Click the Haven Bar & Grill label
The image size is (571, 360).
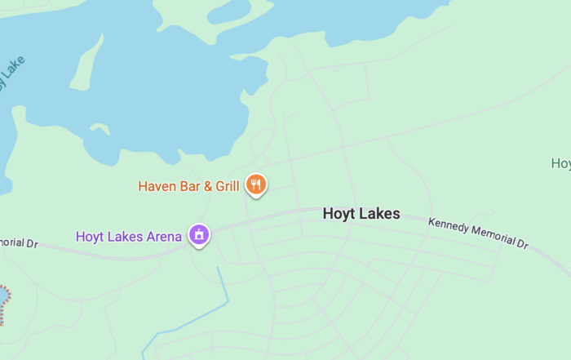point(188,186)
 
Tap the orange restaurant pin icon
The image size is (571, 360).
point(256,184)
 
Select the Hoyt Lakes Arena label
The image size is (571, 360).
point(128,237)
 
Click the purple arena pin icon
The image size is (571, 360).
point(198,235)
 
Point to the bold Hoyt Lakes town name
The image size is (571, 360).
point(361,214)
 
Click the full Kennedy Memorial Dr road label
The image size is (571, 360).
point(478,233)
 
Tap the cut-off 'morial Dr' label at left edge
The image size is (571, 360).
point(18,243)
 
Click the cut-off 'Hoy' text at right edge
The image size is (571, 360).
point(561,164)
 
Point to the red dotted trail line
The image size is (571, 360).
point(6,304)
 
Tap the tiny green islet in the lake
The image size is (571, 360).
point(100,128)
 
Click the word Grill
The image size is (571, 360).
point(227,186)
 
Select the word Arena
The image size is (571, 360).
point(163,237)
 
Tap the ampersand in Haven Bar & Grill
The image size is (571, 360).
point(208,186)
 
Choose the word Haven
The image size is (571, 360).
point(157,186)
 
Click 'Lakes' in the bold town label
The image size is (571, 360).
point(378,214)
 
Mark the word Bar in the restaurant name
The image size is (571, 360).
point(191,186)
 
